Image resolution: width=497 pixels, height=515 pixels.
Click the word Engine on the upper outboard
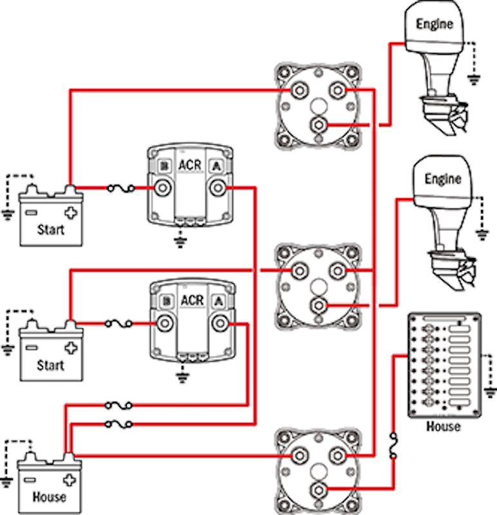[435, 24]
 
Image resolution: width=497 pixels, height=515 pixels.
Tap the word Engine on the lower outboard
[443, 178]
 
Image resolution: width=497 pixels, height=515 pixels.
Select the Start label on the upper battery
[51, 229]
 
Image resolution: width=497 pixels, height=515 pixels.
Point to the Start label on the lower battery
[51, 365]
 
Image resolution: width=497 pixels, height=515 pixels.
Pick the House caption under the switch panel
[444, 426]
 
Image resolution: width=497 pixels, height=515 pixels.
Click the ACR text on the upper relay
[191, 165]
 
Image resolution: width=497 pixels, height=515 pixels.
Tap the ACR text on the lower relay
[192, 301]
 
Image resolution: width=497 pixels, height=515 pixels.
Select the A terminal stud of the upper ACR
[218, 188]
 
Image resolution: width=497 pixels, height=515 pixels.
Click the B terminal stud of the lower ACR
[165, 323]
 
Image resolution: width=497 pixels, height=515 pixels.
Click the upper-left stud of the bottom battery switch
[299, 455]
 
